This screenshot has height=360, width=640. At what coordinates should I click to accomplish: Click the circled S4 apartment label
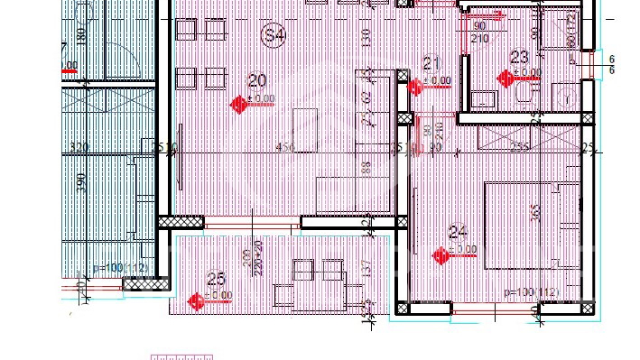[x=274, y=35]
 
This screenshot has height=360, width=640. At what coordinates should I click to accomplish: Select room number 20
[x=258, y=81]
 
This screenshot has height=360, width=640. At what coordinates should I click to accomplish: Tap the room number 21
[x=431, y=62]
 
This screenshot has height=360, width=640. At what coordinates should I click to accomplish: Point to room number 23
[x=519, y=57]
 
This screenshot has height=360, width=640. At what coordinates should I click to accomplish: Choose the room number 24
[x=457, y=232]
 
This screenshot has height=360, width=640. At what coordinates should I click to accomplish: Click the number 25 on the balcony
[x=216, y=279]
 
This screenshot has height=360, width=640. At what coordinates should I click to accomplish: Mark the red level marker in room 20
[x=239, y=105]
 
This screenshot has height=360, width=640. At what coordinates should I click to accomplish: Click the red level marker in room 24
[x=441, y=256]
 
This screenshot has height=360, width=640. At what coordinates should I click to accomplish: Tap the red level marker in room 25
[x=195, y=301]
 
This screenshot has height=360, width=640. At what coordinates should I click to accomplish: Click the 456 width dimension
[x=285, y=148]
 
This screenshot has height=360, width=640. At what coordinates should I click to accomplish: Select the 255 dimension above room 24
[x=520, y=148]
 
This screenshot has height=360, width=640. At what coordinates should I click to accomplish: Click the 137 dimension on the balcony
[x=366, y=270]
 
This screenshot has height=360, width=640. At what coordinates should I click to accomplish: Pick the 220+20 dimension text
[x=259, y=259]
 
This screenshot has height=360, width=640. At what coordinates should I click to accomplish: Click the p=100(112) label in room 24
[x=533, y=292]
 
